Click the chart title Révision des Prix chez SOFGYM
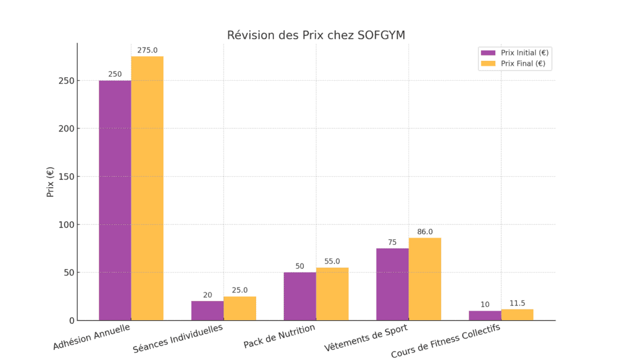[x=316, y=36]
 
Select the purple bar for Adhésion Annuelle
[x=115, y=200]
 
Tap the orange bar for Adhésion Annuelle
[x=147, y=188]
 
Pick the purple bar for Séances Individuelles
[x=207, y=311]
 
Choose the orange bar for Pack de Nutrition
[x=332, y=294]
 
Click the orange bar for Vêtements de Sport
[x=425, y=279]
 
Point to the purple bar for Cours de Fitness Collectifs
[x=485, y=315]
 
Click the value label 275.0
[x=147, y=51]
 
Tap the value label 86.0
[x=425, y=232]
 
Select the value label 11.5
[x=517, y=303]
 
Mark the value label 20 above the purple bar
[x=207, y=295]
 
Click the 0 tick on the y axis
[x=70, y=320]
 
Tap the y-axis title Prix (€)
[x=51, y=182]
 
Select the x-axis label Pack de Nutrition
[x=280, y=336]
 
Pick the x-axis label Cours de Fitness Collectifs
[x=445, y=341]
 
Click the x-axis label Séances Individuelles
[x=178, y=338]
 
